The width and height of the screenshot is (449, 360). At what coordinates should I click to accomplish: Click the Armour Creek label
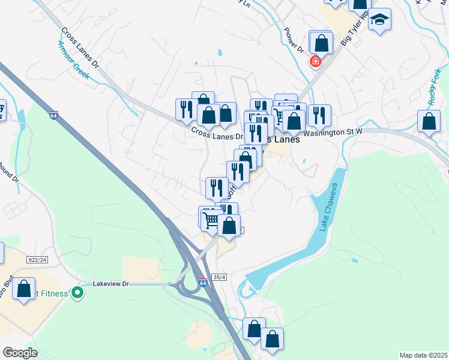(x=73, y=60)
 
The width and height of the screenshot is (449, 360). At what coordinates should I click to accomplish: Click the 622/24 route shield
(x=36, y=259)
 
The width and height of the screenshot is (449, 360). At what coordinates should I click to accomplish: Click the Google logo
(x=20, y=353)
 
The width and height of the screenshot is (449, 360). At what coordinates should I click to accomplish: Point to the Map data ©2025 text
(x=423, y=355)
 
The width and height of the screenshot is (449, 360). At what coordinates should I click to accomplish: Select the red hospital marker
(x=315, y=61)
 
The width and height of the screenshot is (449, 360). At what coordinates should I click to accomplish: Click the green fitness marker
(x=77, y=293)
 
